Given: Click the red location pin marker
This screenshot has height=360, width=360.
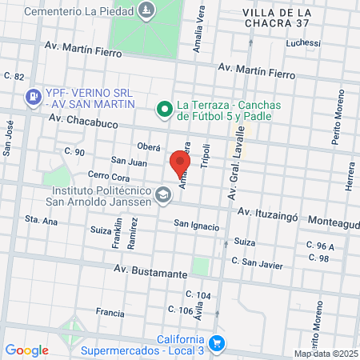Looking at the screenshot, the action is click(178, 163).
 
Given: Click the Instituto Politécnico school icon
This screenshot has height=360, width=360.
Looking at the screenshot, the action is click(163, 195).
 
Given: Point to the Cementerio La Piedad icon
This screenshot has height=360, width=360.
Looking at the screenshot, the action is click(146, 11).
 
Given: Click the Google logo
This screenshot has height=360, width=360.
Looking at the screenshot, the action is click(26, 350).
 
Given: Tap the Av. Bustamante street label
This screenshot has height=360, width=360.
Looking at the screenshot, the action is click(150, 274).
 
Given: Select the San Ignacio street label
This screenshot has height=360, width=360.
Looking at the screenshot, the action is click(197, 226).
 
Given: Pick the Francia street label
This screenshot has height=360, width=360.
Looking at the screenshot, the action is click(110, 312).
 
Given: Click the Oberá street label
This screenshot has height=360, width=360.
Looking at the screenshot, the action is click(148, 147).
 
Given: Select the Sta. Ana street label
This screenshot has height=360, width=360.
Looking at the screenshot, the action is click(42, 219).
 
